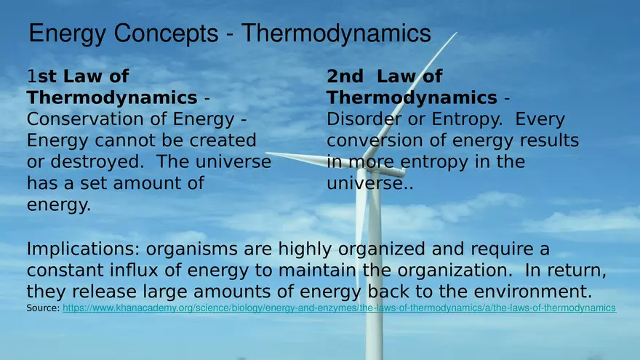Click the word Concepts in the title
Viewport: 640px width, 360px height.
[x=166, y=33]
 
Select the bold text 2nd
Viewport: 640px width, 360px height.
[x=345, y=76]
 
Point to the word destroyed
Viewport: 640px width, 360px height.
[x=97, y=161]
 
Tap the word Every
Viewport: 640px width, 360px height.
[x=540, y=120]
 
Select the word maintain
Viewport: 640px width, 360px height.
[x=318, y=271]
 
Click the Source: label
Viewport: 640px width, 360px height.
[x=43, y=308]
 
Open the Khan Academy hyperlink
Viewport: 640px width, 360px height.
[x=339, y=308]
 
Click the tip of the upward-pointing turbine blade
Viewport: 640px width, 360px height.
[x=456, y=33]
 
